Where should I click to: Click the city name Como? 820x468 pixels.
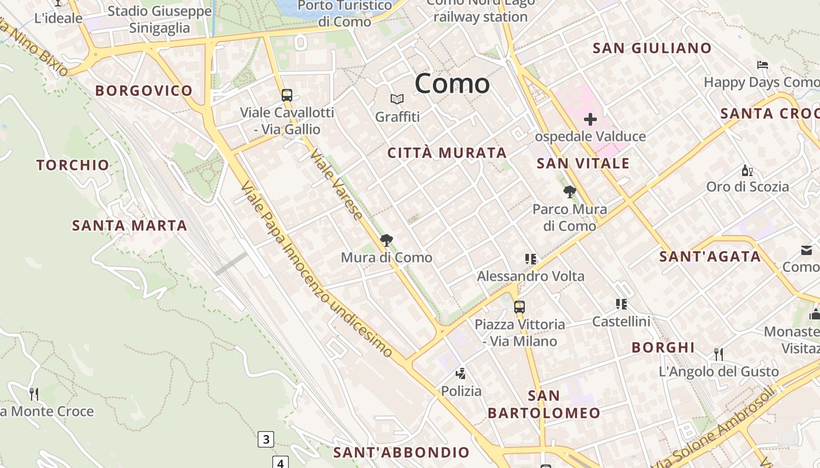(x=452, y=84)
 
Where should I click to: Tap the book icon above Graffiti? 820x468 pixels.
(x=397, y=99)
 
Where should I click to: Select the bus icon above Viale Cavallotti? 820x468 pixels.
(x=287, y=95)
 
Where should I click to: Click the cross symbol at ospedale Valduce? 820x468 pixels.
(x=590, y=120)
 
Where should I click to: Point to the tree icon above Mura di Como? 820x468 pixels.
(x=387, y=240)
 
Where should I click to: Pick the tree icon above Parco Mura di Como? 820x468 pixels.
(x=569, y=191)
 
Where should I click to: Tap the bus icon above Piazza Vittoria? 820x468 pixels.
(x=520, y=307)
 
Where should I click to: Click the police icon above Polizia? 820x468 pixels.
(x=461, y=373)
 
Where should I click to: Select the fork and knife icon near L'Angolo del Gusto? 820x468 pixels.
(x=719, y=354)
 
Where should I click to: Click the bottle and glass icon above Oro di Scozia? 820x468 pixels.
(x=747, y=170)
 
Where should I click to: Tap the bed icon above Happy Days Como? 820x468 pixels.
(x=762, y=64)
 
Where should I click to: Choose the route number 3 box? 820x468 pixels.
(x=266, y=439)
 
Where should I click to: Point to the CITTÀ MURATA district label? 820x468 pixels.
(x=447, y=153)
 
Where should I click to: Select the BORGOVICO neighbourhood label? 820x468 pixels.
(x=143, y=91)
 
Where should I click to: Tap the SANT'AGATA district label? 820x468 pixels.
(x=710, y=256)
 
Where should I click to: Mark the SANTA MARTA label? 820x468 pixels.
(x=129, y=225)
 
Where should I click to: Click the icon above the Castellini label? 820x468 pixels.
(x=621, y=304)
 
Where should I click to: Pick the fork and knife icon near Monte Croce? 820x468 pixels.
(x=34, y=394)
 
